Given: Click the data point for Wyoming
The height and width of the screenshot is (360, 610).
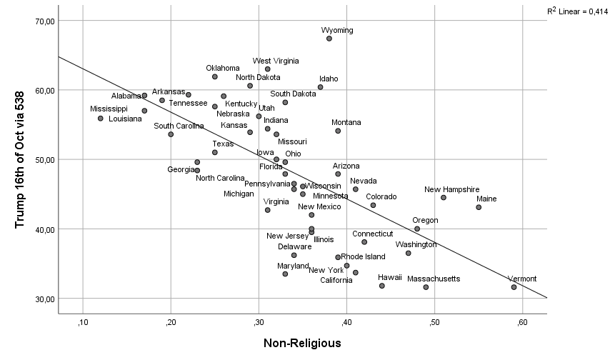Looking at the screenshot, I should pos(329,39).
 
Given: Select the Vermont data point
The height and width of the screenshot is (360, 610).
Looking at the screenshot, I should pos(514,287).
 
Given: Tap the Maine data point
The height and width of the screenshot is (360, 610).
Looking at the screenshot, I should pos(479,207).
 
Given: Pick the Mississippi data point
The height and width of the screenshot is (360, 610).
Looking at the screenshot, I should pos(101,119).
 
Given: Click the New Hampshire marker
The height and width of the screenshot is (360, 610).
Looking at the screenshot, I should pos(444,198).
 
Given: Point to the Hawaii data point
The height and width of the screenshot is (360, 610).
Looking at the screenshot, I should pos(382,286).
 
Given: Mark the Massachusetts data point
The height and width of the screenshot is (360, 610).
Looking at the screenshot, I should pos(426,287).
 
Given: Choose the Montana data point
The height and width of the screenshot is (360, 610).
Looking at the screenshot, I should pos(338,131).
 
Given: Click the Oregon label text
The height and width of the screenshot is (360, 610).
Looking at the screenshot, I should pos(425,220).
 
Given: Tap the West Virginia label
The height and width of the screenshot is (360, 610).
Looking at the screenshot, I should pos(276,61).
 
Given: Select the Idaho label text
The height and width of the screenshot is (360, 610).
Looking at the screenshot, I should pos(329,79).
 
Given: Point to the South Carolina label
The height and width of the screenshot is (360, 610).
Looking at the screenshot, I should pos(179,126).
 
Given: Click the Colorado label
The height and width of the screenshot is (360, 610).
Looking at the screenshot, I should pos(381,196).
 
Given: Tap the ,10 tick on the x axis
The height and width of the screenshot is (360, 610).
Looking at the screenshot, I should pos(83,323).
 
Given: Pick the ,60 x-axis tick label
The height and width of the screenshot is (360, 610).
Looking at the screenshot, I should pos(522,323).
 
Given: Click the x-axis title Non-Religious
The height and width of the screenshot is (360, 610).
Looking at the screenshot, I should pos(302,344).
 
